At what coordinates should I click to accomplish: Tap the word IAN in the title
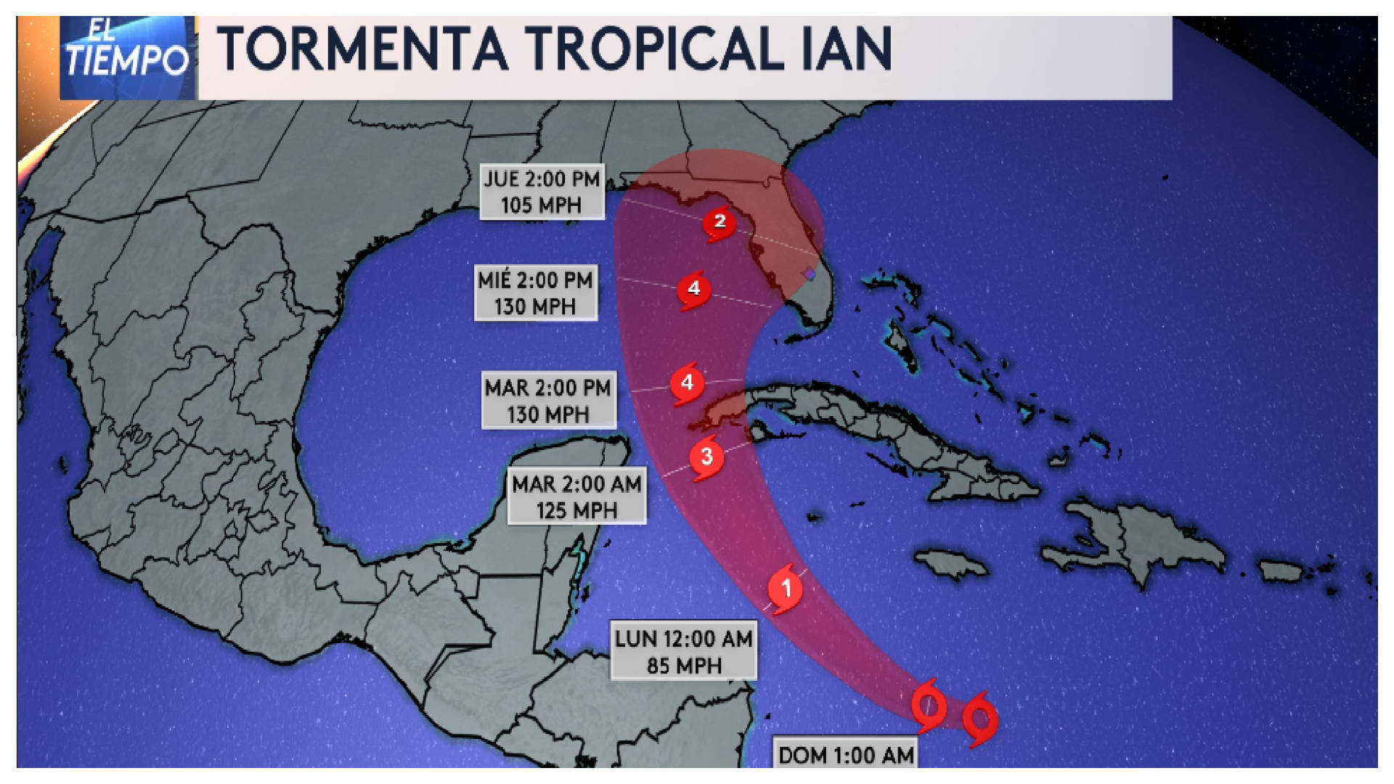[847, 49]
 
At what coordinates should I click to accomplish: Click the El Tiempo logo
[127, 57]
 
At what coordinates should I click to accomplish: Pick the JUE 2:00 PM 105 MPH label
[542, 192]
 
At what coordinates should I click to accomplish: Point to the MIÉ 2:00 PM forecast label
[535, 293]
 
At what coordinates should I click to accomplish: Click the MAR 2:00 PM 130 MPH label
[548, 401]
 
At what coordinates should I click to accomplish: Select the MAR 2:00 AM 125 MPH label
[576, 497]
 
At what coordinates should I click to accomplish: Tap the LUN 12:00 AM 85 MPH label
[683, 651]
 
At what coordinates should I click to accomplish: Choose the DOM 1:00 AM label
[846, 755]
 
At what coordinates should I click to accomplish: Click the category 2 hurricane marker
[720, 222]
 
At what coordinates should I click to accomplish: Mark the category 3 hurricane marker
[706, 457]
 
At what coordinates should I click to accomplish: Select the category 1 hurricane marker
[786, 588]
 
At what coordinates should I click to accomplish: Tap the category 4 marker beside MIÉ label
[694, 289]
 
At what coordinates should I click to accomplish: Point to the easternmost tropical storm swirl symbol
[980, 719]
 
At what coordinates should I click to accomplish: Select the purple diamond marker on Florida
[810, 274]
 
